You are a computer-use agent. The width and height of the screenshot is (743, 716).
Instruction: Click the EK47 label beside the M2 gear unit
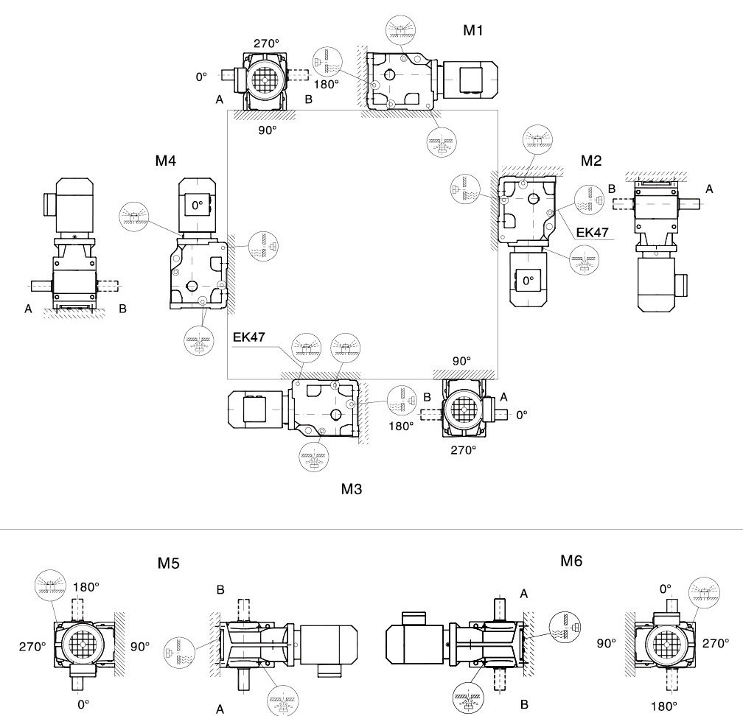coord(593,233)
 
